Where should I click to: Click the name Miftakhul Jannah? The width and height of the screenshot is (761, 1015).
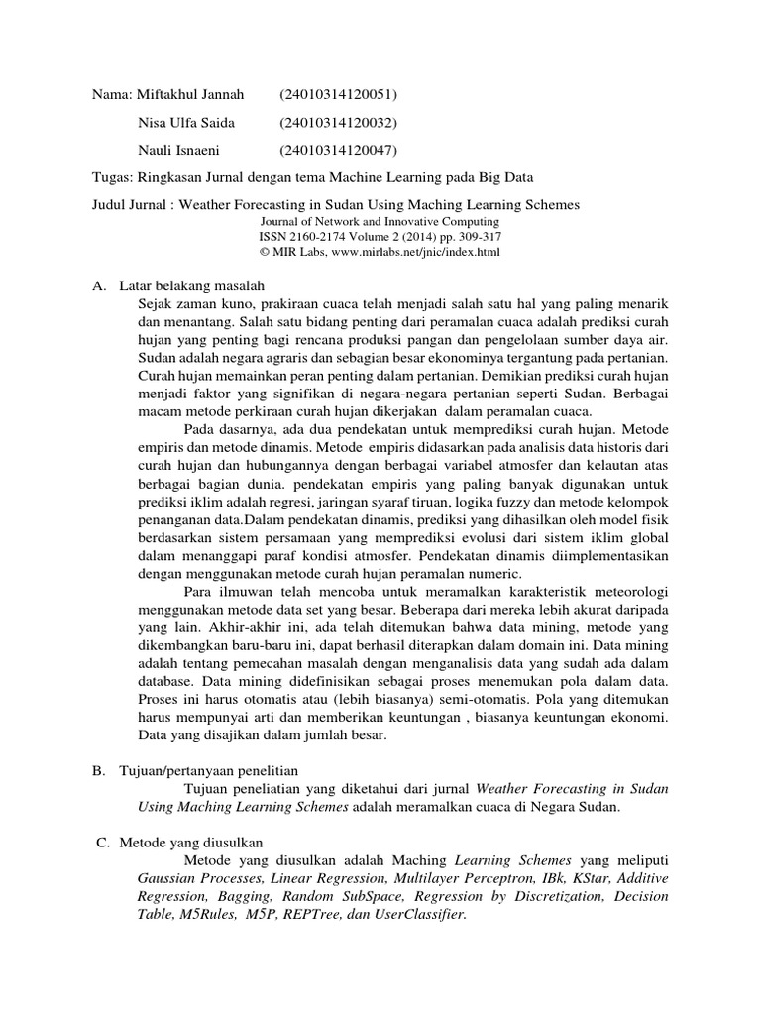(194, 95)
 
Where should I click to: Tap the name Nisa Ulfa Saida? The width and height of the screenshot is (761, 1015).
(188, 123)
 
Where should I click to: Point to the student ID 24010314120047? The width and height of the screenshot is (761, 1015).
(338, 151)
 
